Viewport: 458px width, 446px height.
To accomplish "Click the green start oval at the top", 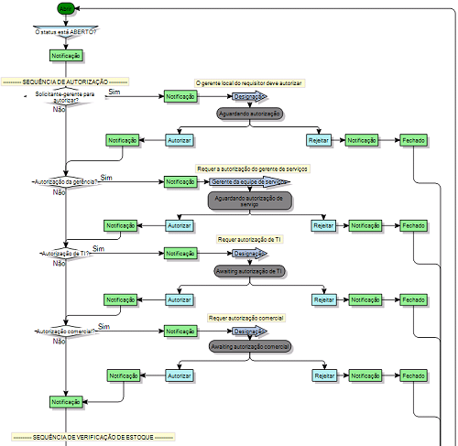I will [66, 8].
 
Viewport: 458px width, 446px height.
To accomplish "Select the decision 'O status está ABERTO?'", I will [65, 31].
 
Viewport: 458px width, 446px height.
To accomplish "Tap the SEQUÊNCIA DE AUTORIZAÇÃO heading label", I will [65, 82].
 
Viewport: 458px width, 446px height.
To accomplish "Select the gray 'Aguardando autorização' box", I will [250, 114].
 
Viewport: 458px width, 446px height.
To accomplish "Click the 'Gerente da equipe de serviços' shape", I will [244, 181].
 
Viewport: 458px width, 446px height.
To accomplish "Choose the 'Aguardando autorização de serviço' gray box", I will [249, 201].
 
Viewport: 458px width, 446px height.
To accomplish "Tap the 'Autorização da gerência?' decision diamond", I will [65, 181].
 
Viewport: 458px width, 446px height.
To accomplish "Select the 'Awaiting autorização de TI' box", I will [250, 272].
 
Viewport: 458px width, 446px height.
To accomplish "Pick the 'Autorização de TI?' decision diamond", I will [65, 253].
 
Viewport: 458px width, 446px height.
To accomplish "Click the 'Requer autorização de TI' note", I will [250, 238].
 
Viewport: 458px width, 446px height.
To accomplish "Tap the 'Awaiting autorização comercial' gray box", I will [250, 347].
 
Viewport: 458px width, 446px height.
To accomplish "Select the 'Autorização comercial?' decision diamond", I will [65, 330].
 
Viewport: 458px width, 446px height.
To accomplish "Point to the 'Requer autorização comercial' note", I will [246, 317].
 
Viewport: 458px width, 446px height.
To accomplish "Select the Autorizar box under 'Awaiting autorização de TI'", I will [179, 299].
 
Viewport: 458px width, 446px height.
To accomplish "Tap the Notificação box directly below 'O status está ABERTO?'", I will [66, 55].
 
